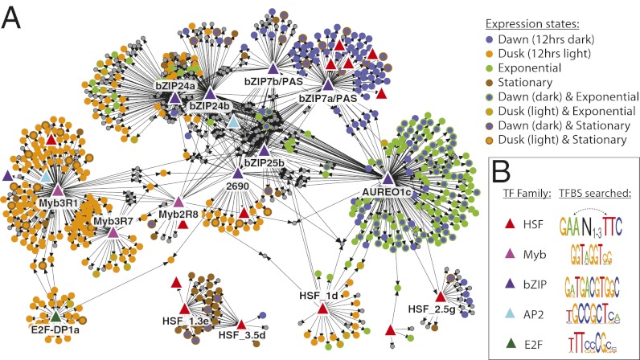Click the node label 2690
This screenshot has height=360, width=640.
tap(236, 186)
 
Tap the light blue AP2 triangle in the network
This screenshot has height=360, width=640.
tap(233, 122)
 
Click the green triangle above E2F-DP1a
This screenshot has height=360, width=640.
tap(55, 317)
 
